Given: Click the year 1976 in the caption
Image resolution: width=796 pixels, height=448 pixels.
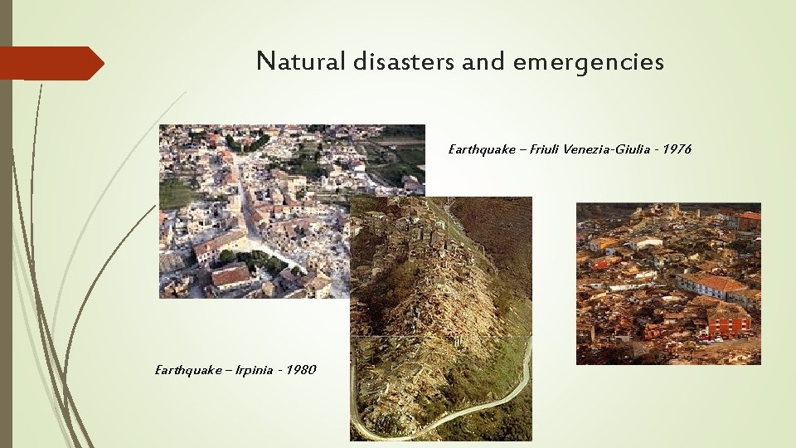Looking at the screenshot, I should pos(675,149).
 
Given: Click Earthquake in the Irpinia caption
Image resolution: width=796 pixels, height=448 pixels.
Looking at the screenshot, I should pos(183,369).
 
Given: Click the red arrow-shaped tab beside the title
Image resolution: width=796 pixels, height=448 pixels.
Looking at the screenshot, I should pos(50,63).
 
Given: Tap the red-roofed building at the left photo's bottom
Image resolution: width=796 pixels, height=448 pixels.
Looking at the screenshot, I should pos(231,275).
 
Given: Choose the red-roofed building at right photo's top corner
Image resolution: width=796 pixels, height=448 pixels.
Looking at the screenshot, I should pos(748,219).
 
